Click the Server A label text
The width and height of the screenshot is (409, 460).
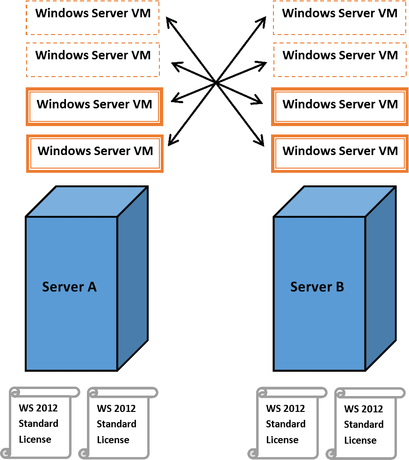(x=69, y=287)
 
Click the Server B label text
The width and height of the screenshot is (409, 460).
(x=317, y=287)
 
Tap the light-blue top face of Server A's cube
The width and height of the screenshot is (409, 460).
(x=87, y=201)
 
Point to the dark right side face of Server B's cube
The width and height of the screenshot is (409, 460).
(x=381, y=278)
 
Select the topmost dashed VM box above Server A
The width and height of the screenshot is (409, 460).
(x=93, y=18)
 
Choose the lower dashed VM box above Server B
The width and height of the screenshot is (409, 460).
(x=340, y=60)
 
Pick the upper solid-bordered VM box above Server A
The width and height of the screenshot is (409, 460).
(x=94, y=107)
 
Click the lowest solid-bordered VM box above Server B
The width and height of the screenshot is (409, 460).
(x=340, y=154)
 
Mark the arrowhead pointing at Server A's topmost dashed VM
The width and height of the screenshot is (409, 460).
(x=171, y=22)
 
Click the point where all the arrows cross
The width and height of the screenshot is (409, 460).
(x=216, y=83)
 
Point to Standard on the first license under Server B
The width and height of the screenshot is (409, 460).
(x=286, y=424)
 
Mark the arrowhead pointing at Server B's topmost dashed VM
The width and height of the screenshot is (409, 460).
(x=261, y=22)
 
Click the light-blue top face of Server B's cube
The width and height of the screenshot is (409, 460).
(x=335, y=201)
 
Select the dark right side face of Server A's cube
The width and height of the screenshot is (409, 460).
(x=133, y=278)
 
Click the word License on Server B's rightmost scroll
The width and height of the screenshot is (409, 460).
(x=360, y=440)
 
